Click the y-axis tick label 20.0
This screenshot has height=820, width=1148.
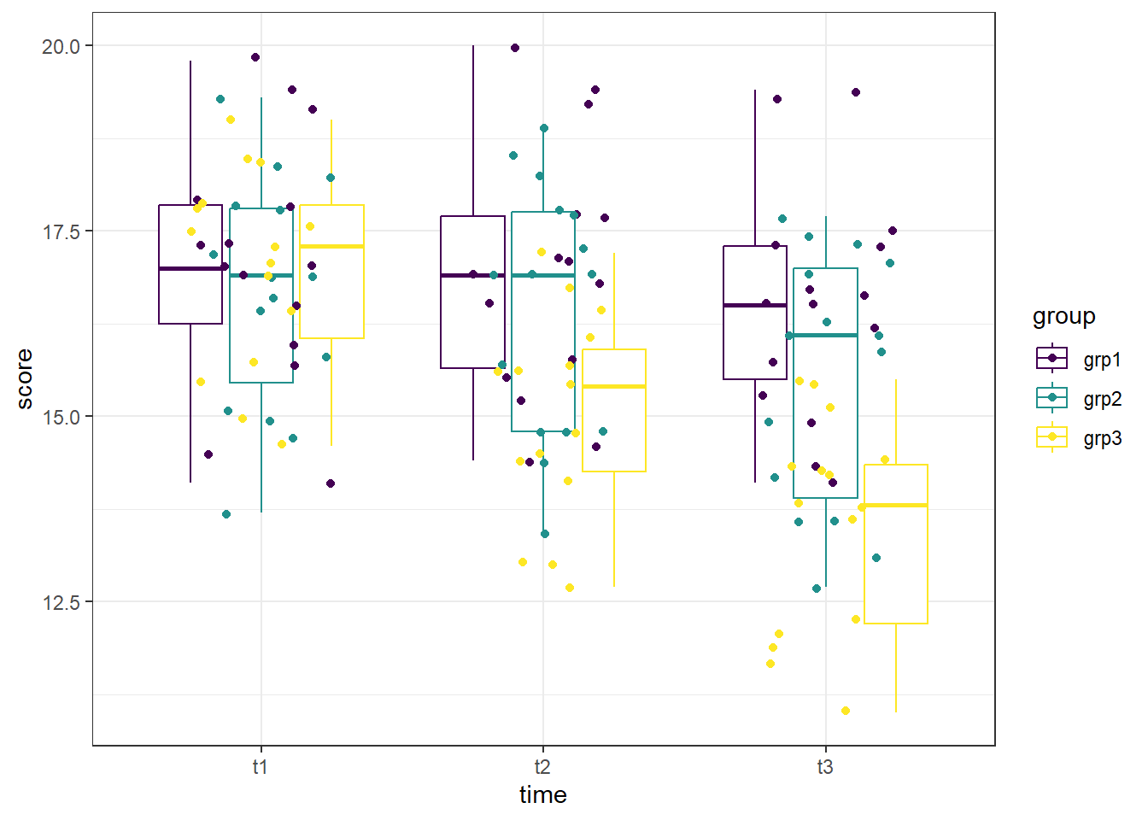[61, 46]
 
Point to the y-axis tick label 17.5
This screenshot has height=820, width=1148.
[61, 231]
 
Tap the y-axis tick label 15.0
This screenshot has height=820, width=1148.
[61, 417]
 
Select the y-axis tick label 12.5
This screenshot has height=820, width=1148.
[61, 602]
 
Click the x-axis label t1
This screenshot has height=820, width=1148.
[261, 767]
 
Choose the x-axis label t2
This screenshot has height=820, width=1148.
[542, 767]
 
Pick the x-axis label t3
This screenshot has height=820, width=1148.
[824, 767]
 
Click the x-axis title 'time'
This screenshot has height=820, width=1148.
[542, 795]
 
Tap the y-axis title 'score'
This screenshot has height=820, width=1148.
[25, 379]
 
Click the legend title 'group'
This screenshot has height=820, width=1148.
[1063, 316]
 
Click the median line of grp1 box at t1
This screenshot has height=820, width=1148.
[190, 268]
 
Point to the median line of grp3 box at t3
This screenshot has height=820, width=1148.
[896, 506]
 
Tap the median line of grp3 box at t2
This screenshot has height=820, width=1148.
[614, 387]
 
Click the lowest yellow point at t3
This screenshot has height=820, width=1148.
[846, 711]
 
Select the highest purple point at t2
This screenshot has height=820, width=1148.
[515, 48]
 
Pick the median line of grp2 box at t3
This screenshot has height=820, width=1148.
[825, 335]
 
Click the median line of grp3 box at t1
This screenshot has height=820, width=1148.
[331, 246]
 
